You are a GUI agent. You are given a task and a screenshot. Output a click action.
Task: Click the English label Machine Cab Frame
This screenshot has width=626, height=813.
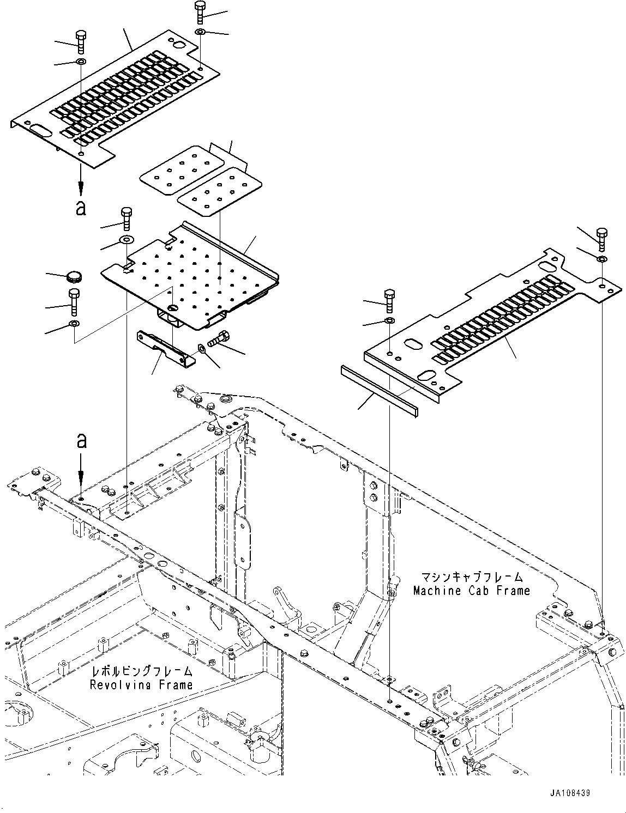(x=471, y=591)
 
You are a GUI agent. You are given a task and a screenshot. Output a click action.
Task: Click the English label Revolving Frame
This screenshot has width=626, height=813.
(x=141, y=685)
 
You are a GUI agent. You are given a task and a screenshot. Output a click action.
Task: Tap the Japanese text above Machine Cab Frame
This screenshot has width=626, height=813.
(x=472, y=577)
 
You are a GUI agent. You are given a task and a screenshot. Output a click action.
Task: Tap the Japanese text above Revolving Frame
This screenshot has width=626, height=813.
(x=142, y=671)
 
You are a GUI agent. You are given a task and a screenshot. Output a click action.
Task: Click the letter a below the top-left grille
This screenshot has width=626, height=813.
(x=81, y=208)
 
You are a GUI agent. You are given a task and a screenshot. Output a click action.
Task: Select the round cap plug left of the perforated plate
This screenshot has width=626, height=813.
(x=74, y=277)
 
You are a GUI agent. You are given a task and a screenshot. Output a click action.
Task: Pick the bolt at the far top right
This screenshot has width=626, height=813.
(x=602, y=239)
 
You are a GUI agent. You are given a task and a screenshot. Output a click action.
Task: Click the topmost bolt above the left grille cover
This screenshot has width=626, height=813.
(x=200, y=12)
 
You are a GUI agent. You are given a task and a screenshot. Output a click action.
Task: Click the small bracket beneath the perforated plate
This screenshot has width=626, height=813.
(x=166, y=344)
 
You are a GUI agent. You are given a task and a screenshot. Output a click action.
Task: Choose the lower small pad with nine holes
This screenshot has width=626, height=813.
(x=219, y=192)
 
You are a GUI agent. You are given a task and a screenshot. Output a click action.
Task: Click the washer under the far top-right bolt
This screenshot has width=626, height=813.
(x=602, y=259)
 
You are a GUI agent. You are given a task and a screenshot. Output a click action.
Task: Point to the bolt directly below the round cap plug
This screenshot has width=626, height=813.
(x=74, y=302)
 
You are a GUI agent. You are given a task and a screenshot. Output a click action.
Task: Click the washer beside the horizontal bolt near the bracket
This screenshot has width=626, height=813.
(x=201, y=349)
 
